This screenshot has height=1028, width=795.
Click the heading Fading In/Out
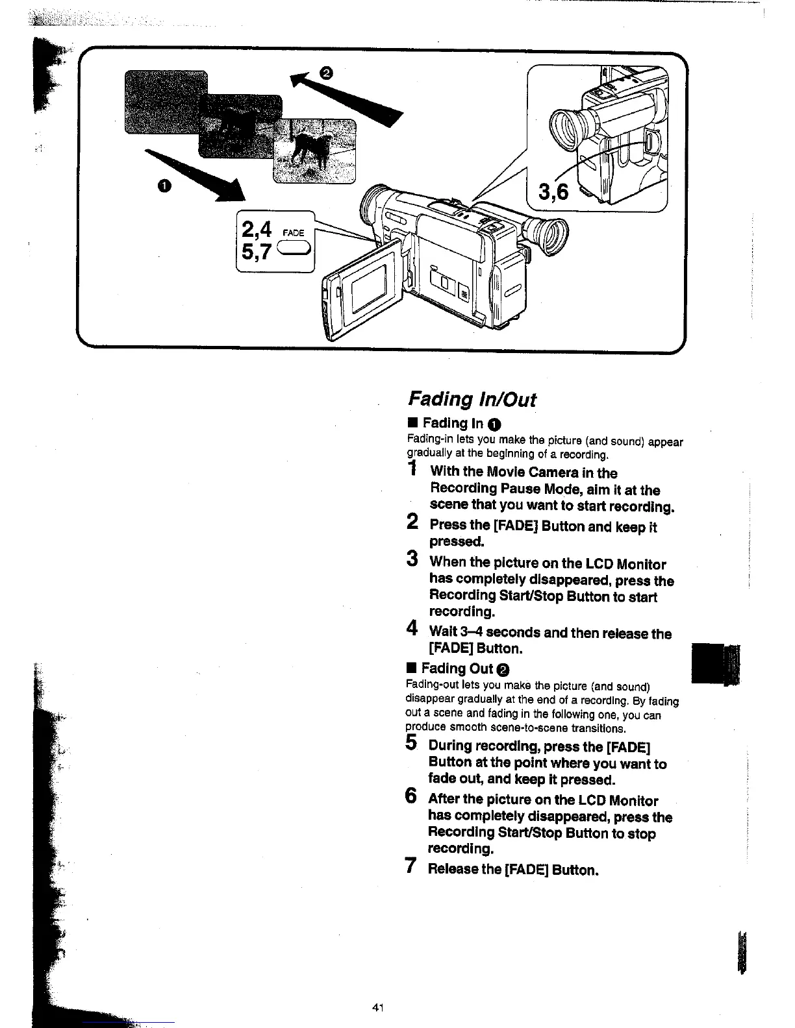[472, 398]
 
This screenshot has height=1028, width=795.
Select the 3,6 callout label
[552, 192]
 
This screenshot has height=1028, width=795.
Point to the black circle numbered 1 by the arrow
[165, 187]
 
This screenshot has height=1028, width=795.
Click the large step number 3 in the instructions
[412, 558]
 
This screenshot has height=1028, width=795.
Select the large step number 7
[410, 865]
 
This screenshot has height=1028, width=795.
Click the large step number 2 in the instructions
[412, 521]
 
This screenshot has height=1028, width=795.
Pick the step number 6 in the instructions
[410, 796]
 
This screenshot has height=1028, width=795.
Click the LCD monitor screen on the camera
[368, 284]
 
